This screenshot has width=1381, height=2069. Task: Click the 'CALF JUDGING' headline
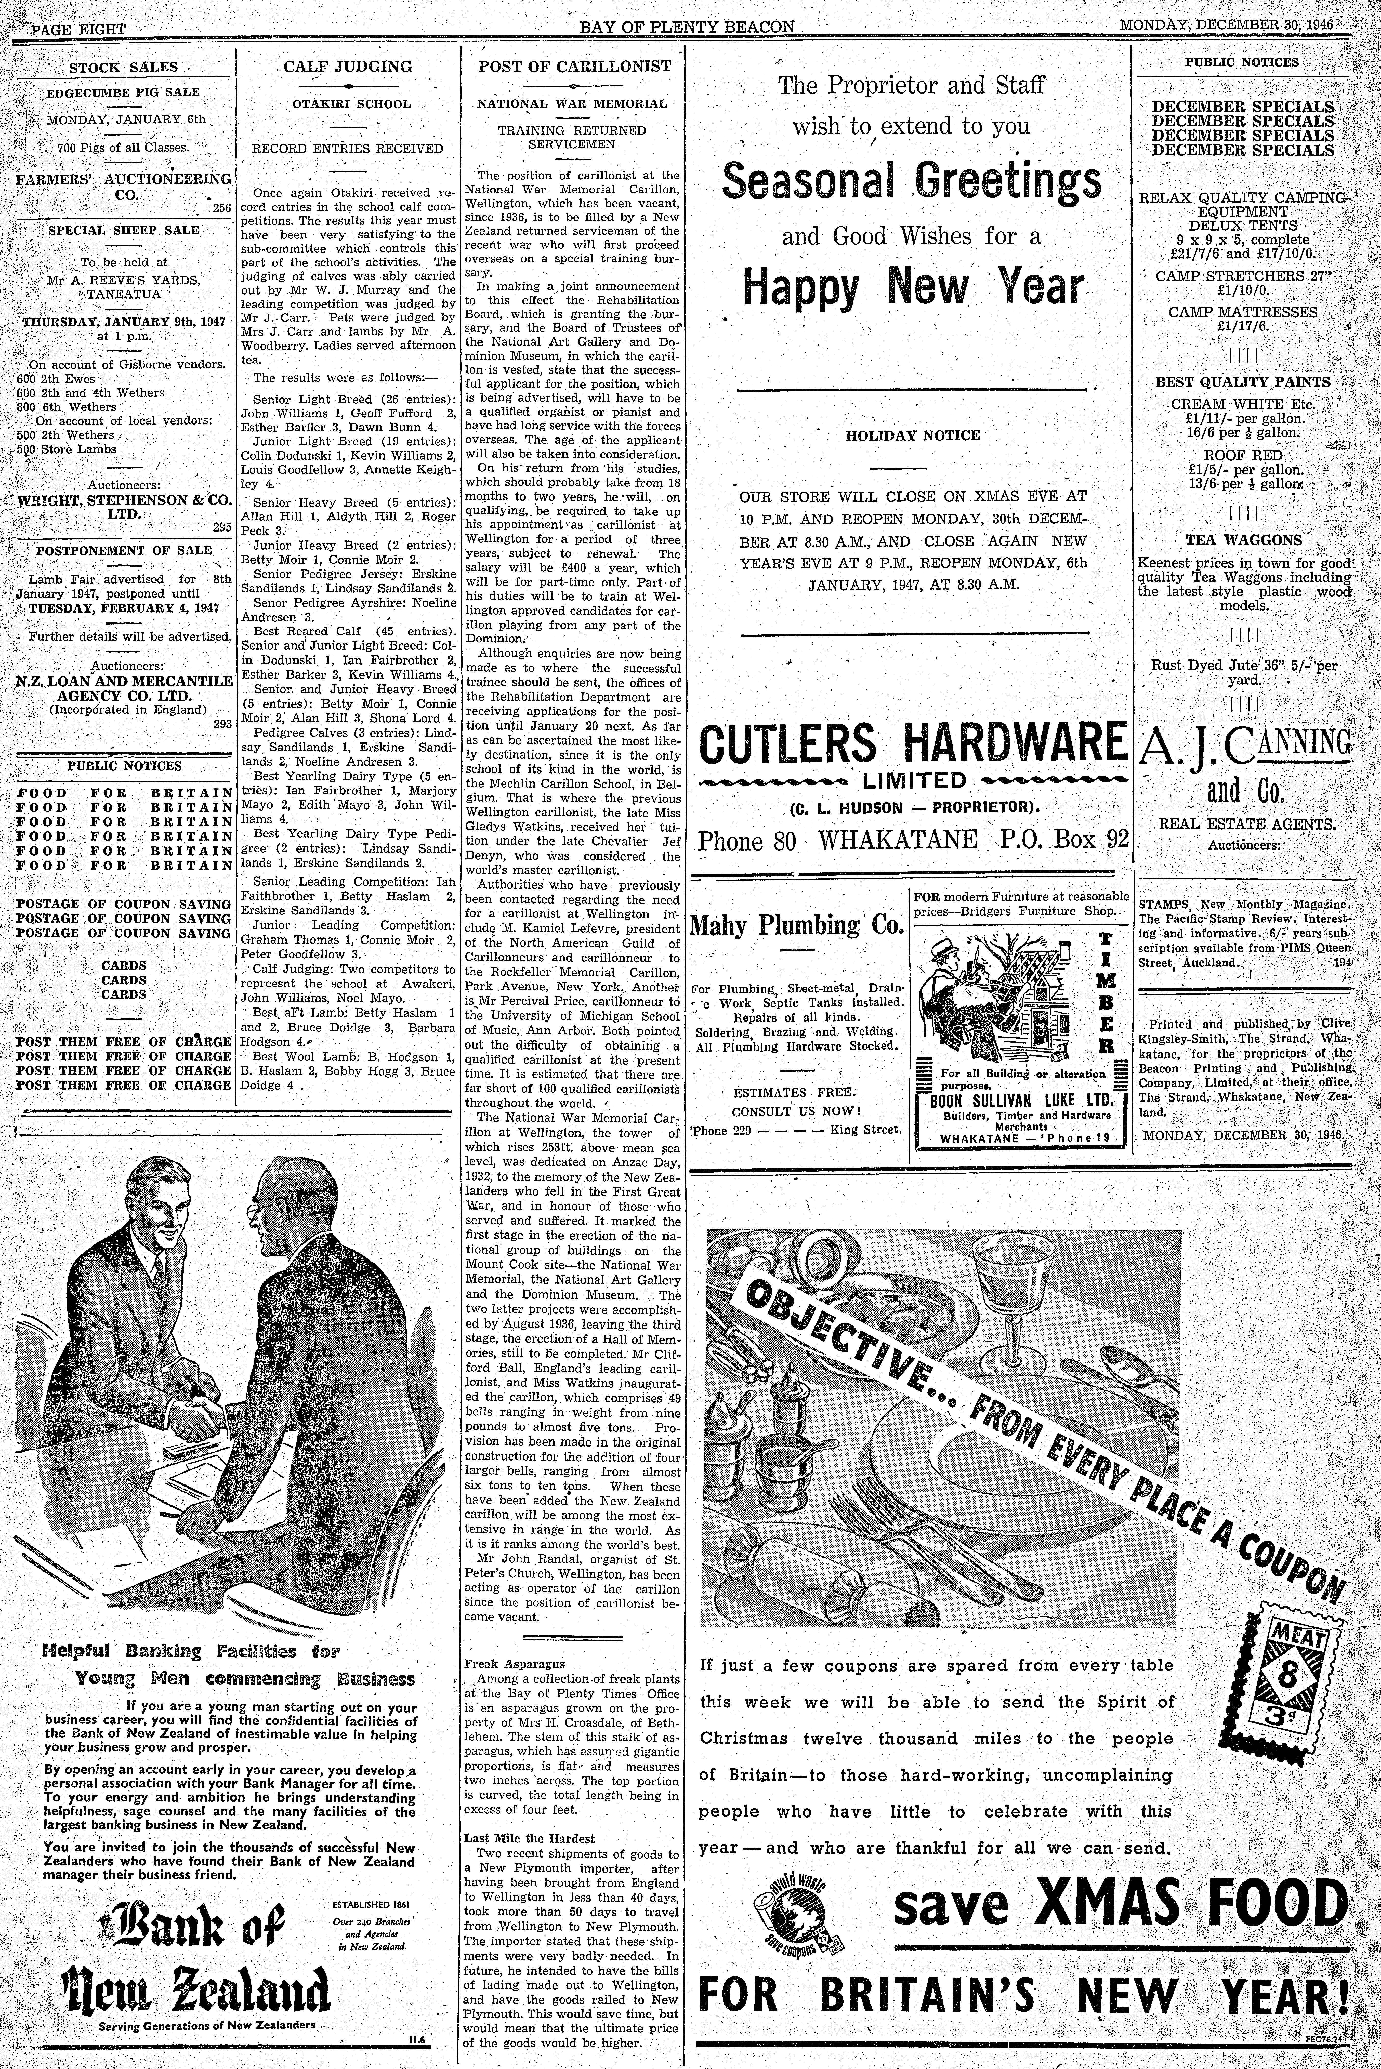click(x=347, y=66)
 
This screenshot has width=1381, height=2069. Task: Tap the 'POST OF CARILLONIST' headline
click(x=574, y=66)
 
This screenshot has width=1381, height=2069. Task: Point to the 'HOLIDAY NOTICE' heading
click(x=912, y=435)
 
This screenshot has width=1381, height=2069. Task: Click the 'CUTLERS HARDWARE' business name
click(x=912, y=742)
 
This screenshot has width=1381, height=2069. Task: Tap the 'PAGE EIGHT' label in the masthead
click(x=78, y=29)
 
